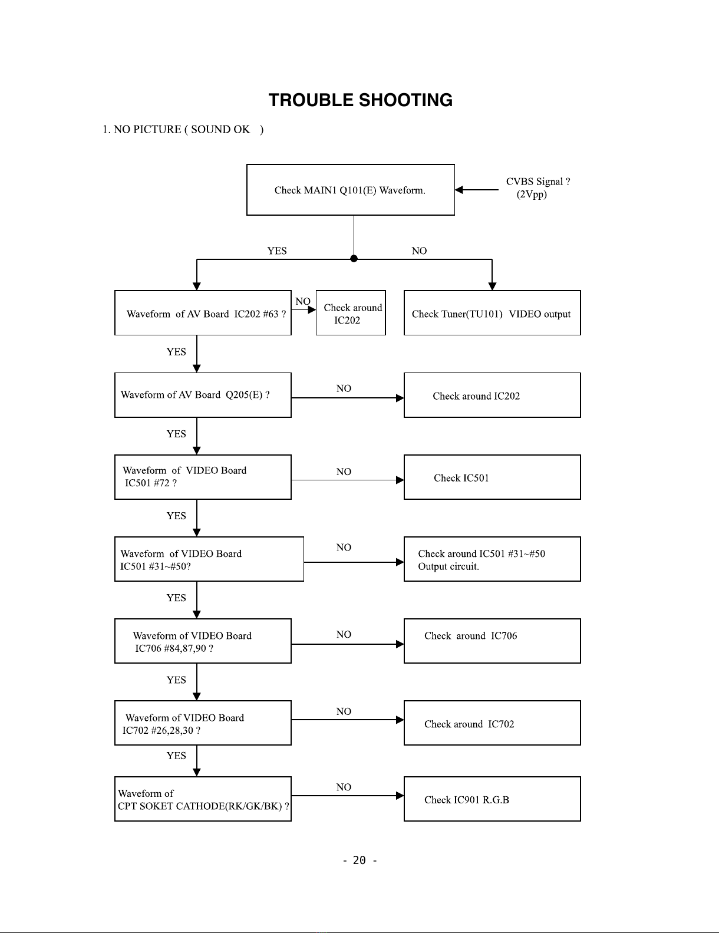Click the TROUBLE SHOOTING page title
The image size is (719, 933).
point(360,100)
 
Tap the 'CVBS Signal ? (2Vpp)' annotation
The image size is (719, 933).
point(537,187)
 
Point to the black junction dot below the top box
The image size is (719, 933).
point(354,259)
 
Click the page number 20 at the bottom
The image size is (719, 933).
point(359,861)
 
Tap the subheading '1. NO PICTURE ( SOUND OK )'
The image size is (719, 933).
point(183,129)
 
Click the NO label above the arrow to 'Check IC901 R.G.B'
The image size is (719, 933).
point(344,787)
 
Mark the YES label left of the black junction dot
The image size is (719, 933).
point(277,250)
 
